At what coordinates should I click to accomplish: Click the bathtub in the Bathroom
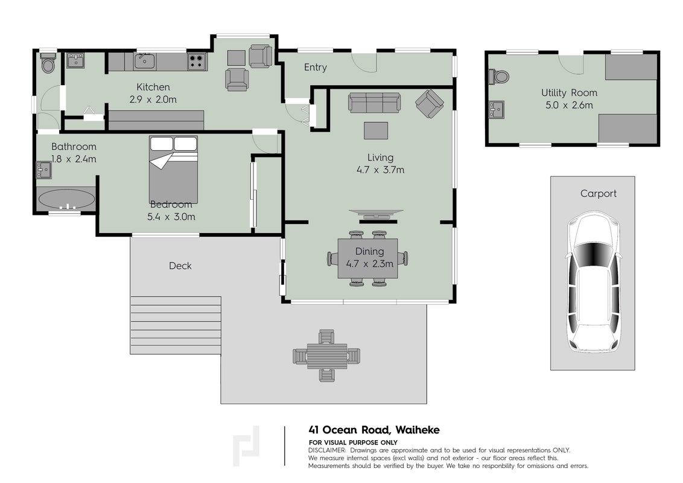pyautogui.click(x=66, y=200)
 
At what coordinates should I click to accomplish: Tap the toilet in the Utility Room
pyautogui.click(x=498, y=77)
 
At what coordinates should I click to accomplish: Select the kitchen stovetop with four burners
pyautogui.click(x=197, y=62)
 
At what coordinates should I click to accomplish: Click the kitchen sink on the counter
pyautogui.click(x=145, y=61)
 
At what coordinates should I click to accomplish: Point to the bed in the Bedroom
pyautogui.click(x=173, y=169)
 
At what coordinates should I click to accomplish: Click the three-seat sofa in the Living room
pyautogui.click(x=374, y=103)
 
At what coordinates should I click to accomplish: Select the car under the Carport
pyautogui.click(x=593, y=281)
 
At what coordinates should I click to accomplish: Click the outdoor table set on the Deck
pyautogui.click(x=326, y=355)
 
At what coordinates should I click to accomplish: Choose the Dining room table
pyautogui.click(x=368, y=258)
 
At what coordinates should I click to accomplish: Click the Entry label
pyautogui.click(x=316, y=67)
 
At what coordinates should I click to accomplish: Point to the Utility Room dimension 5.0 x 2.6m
pyautogui.click(x=569, y=105)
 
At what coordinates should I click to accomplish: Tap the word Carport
pyautogui.click(x=598, y=194)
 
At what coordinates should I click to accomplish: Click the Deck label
pyautogui.click(x=180, y=266)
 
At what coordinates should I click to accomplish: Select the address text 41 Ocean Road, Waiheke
pyautogui.click(x=373, y=430)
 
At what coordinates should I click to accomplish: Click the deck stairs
pyautogui.click(x=176, y=325)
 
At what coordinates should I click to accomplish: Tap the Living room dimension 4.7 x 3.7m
pyautogui.click(x=380, y=170)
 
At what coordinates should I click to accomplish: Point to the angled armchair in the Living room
pyautogui.click(x=430, y=104)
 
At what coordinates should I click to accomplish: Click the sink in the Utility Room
pyautogui.click(x=496, y=109)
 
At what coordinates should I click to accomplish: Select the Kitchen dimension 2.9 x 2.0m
pyautogui.click(x=153, y=100)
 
